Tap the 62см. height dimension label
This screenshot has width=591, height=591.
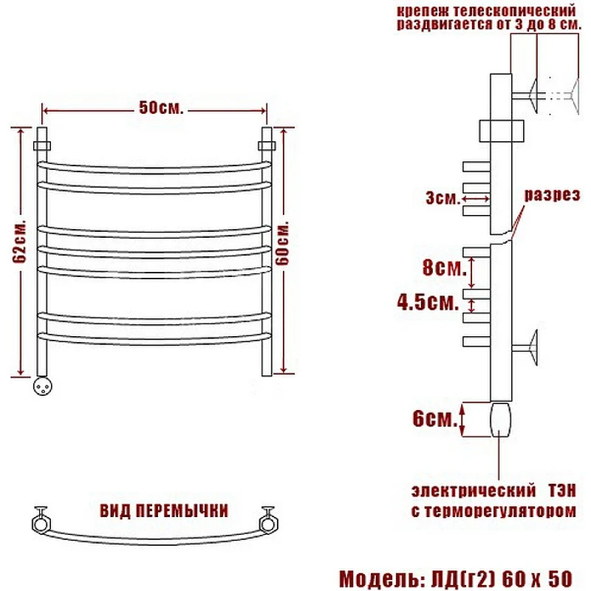20,242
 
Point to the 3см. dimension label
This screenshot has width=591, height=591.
443,198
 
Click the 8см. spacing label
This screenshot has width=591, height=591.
445,267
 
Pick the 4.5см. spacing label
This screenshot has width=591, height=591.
428,302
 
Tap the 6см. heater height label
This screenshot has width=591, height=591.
434,418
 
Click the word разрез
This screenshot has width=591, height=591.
552,195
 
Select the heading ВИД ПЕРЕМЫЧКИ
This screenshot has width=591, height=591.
164,510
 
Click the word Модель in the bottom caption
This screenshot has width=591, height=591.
380,578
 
